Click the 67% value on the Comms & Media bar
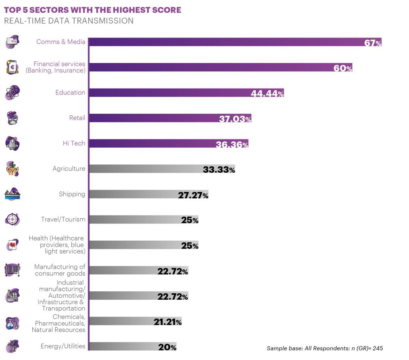point(373,43)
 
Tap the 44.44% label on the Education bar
point(267,93)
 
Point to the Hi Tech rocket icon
point(12,143)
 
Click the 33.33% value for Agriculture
point(218,169)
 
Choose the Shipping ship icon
point(12,194)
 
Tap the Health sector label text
point(57,245)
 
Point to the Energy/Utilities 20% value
point(167,347)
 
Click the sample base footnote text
point(324,348)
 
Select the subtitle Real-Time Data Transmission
point(69,21)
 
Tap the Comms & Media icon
point(12,42)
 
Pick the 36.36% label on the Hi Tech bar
point(232,144)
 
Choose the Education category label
point(70,93)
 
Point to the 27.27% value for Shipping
point(193,195)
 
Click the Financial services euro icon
point(12,67)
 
